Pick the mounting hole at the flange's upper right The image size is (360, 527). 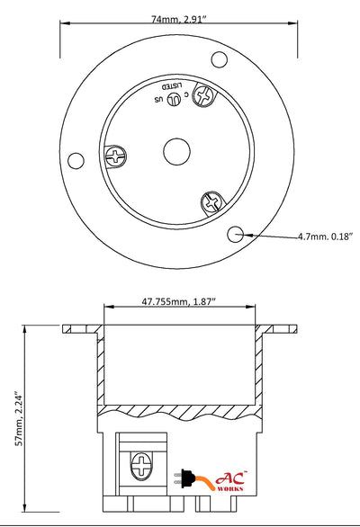(219, 59)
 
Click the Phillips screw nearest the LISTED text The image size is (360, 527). (203, 94)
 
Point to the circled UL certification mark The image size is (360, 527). (173, 100)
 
